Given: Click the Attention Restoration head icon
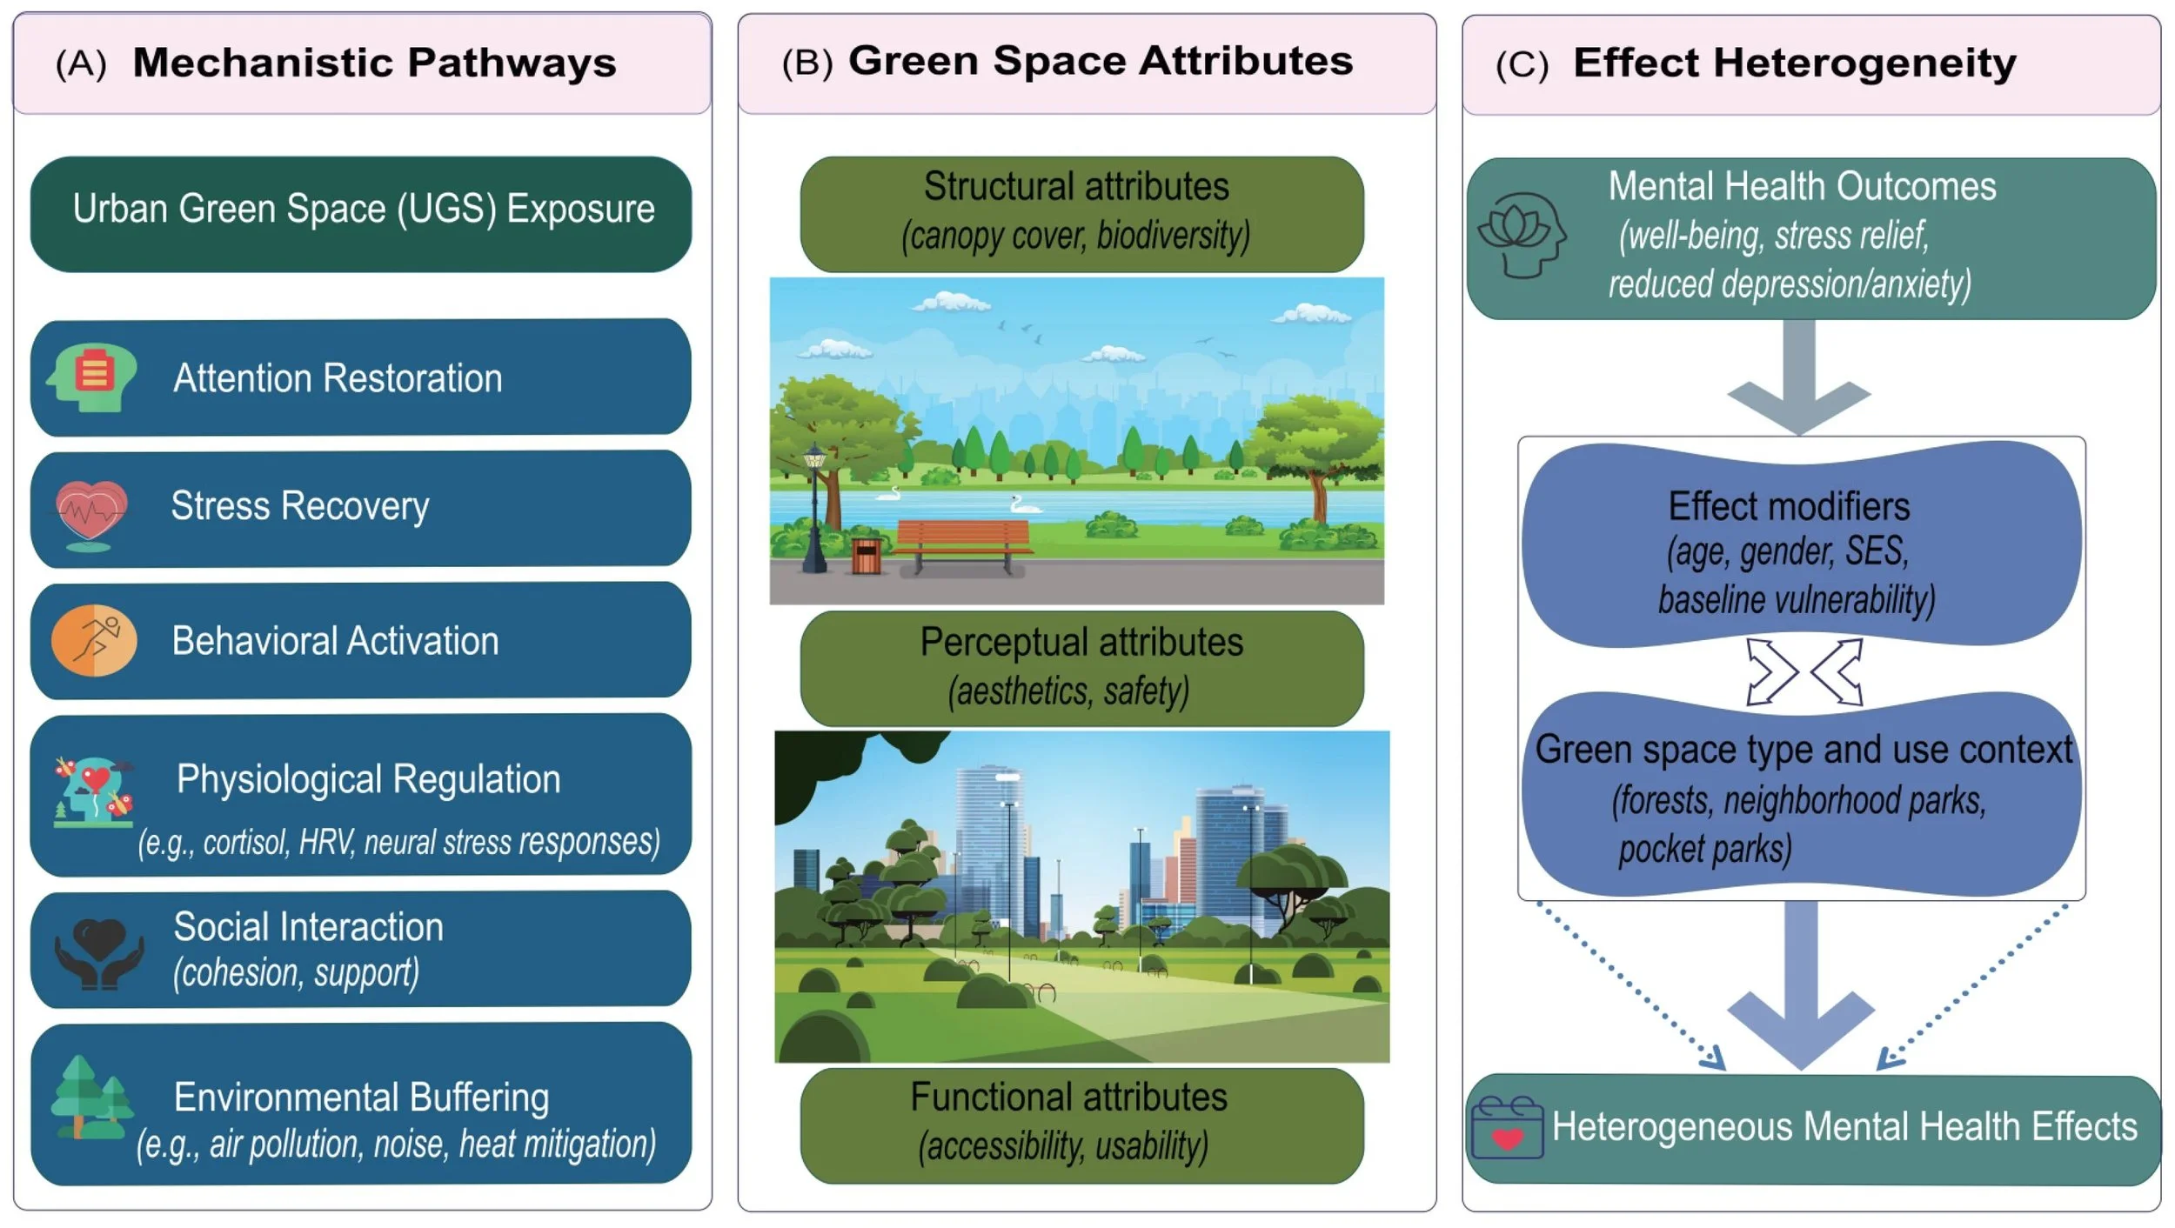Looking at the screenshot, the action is tap(91, 377).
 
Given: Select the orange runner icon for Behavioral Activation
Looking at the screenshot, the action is tap(94, 641).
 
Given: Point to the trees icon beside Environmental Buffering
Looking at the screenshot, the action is tap(92, 1098).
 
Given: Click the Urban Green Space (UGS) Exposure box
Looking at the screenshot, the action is tap(361, 214).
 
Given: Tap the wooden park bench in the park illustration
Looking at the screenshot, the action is tap(963, 546).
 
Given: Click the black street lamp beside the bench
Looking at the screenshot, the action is tap(814, 508).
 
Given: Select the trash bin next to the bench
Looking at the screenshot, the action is tap(867, 557).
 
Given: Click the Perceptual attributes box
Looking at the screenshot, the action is tap(1081, 668).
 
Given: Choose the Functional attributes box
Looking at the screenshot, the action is tap(1081, 1125).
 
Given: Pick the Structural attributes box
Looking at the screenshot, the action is tap(1081, 214).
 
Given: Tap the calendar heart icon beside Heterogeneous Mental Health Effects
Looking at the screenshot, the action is tap(1507, 1128).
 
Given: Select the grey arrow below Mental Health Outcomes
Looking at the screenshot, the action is tap(1799, 377).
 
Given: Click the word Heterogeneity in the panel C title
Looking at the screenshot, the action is tap(1864, 63).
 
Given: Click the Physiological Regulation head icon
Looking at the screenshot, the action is tap(93, 791).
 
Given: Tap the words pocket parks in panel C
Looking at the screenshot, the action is tap(1705, 848).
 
